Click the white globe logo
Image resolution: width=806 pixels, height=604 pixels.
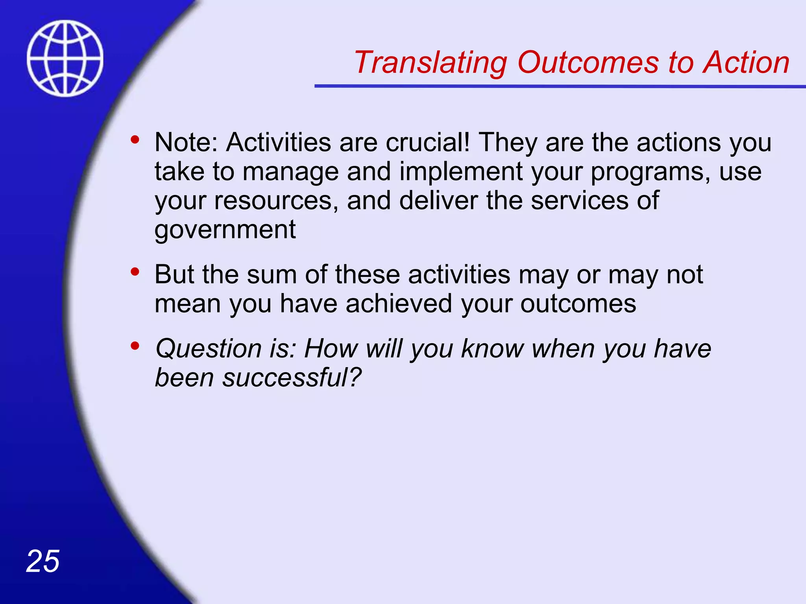[x=65, y=58]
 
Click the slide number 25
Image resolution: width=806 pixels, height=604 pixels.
[x=43, y=562]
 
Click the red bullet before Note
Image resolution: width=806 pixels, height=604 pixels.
[x=135, y=140]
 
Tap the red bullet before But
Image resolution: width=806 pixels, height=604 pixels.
[x=135, y=272]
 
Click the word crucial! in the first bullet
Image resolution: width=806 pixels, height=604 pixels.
[x=427, y=142]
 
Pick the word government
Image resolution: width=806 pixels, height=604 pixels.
[x=225, y=230]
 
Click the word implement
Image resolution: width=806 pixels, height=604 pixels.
[x=461, y=172]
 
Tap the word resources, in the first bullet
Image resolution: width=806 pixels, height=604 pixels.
[x=276, y=201]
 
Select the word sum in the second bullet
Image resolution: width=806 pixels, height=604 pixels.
[x=272, y=274]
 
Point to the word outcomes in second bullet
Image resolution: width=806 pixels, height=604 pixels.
[x=578, y=304]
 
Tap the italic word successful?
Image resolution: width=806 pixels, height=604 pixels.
[x=292, y=378]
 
